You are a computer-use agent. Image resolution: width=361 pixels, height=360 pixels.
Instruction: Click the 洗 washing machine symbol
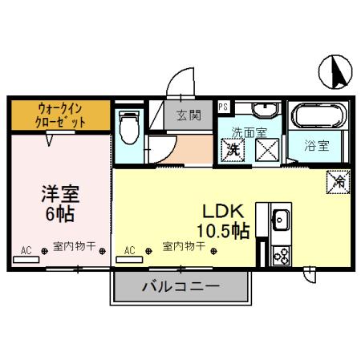(x=233, y=148)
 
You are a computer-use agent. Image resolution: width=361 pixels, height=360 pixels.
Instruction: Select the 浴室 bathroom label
(x=316, y=146)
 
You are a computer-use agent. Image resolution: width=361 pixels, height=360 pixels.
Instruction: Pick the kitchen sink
(x=282, y=217)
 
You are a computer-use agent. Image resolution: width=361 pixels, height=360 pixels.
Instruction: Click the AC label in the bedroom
(x=26, y=251)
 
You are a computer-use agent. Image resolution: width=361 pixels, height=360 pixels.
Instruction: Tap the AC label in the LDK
(x=130, y=250)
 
